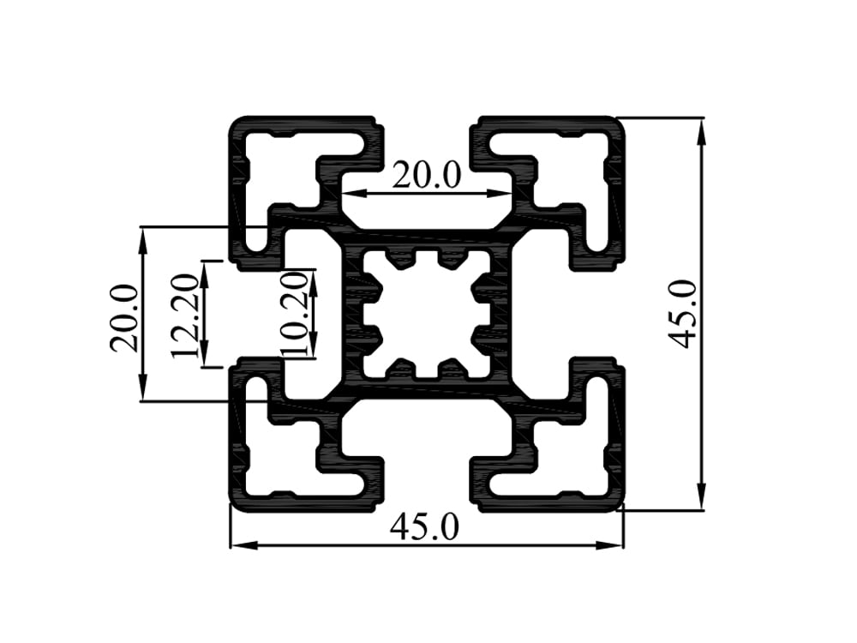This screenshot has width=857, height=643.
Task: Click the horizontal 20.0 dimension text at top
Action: click(426, 175)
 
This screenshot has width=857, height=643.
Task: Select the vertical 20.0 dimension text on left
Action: click(124, 317)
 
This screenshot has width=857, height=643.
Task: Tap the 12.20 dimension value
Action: click(185, 315)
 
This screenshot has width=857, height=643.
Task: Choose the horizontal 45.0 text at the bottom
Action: click(424, 526)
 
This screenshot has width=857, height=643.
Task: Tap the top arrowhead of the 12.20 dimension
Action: click(206, 271)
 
